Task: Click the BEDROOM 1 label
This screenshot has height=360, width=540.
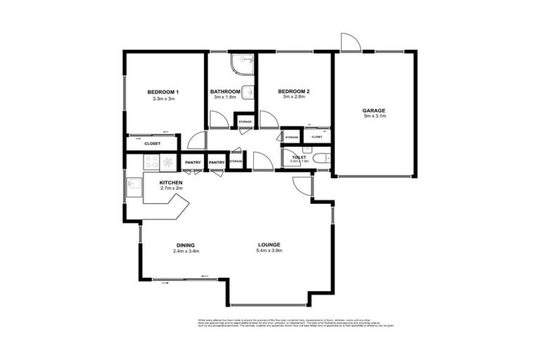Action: point(162,92)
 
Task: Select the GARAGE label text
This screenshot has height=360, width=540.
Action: point(373,110)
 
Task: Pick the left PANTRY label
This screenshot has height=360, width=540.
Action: point(193,163)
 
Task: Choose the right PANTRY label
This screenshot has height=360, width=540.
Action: point(217,163)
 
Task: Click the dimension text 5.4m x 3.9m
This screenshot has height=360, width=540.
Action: point(269,250)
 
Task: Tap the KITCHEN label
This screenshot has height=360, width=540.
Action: point(171,182)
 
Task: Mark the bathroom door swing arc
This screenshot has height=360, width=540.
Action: point(219,120)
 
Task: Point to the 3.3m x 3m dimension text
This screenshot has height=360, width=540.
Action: point(162,98)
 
